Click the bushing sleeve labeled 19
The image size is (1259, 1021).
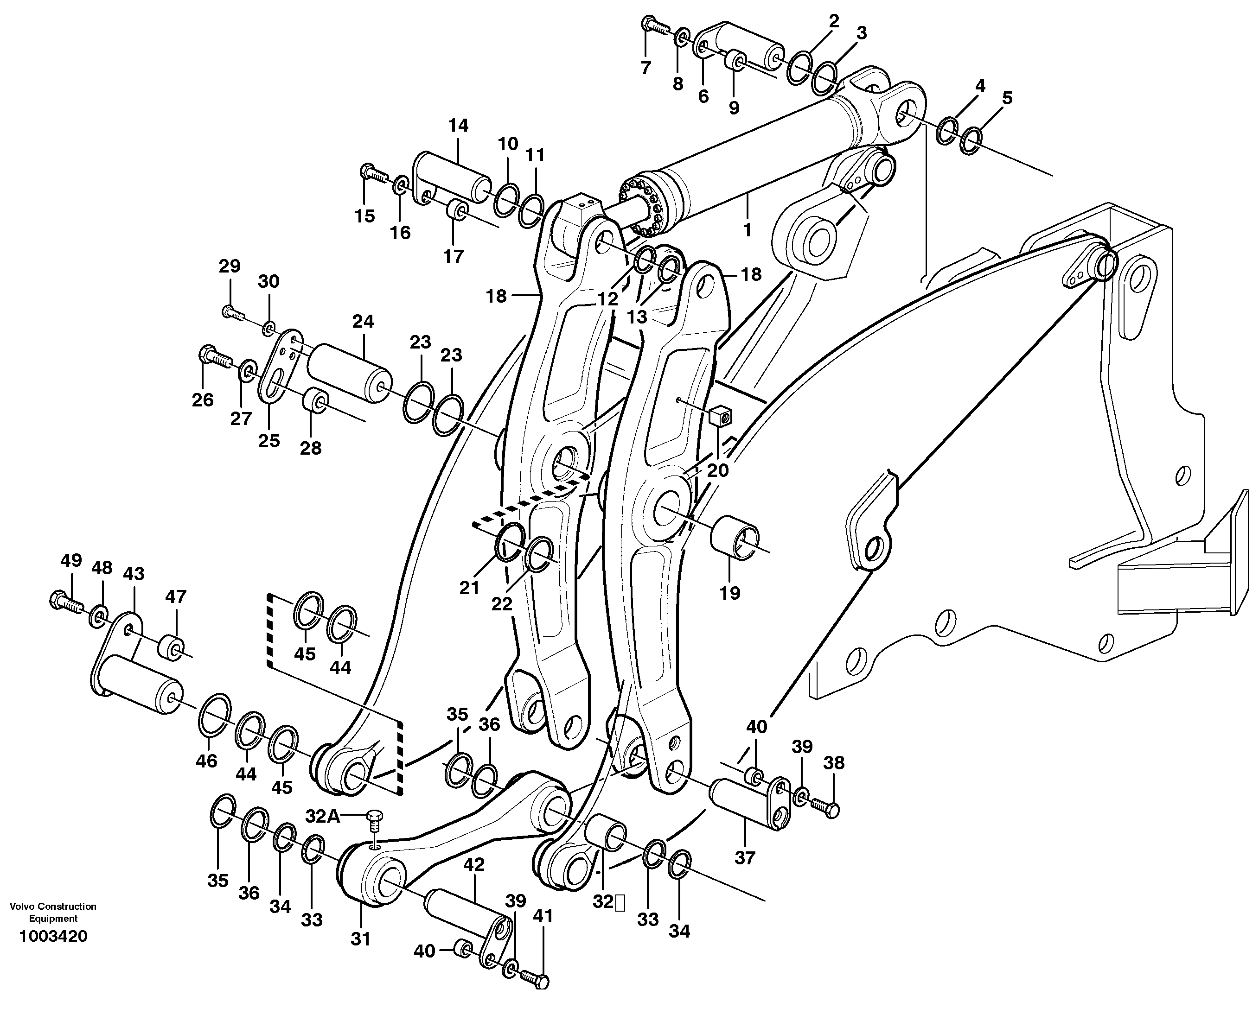735,536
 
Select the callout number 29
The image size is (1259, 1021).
230,266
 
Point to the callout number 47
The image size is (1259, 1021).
175,596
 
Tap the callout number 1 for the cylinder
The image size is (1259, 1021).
747,230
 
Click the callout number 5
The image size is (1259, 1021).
1007,98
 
